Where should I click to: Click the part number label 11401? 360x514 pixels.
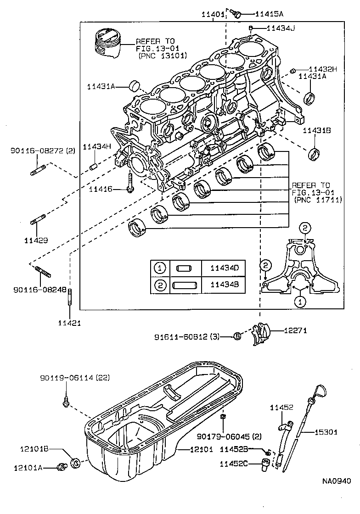coord(213,15)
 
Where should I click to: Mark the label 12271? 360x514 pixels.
coord(295,330)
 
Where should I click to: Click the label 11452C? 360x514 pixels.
coord(234,464)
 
